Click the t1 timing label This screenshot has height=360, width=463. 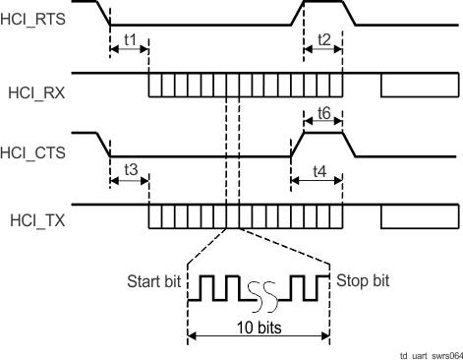[x=128, y=39]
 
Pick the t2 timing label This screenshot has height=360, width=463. [x=323, y=39]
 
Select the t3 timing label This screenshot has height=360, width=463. [x=128, y=170]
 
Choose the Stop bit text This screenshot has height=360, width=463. [x=364, y=281]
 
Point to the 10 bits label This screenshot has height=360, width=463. [x=260, y=326]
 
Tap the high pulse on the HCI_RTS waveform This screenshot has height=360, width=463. [x=323, y=3]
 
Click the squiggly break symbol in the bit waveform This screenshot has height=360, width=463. [x=260, y=292]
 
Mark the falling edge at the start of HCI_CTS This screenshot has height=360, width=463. [x=103, y=145]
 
